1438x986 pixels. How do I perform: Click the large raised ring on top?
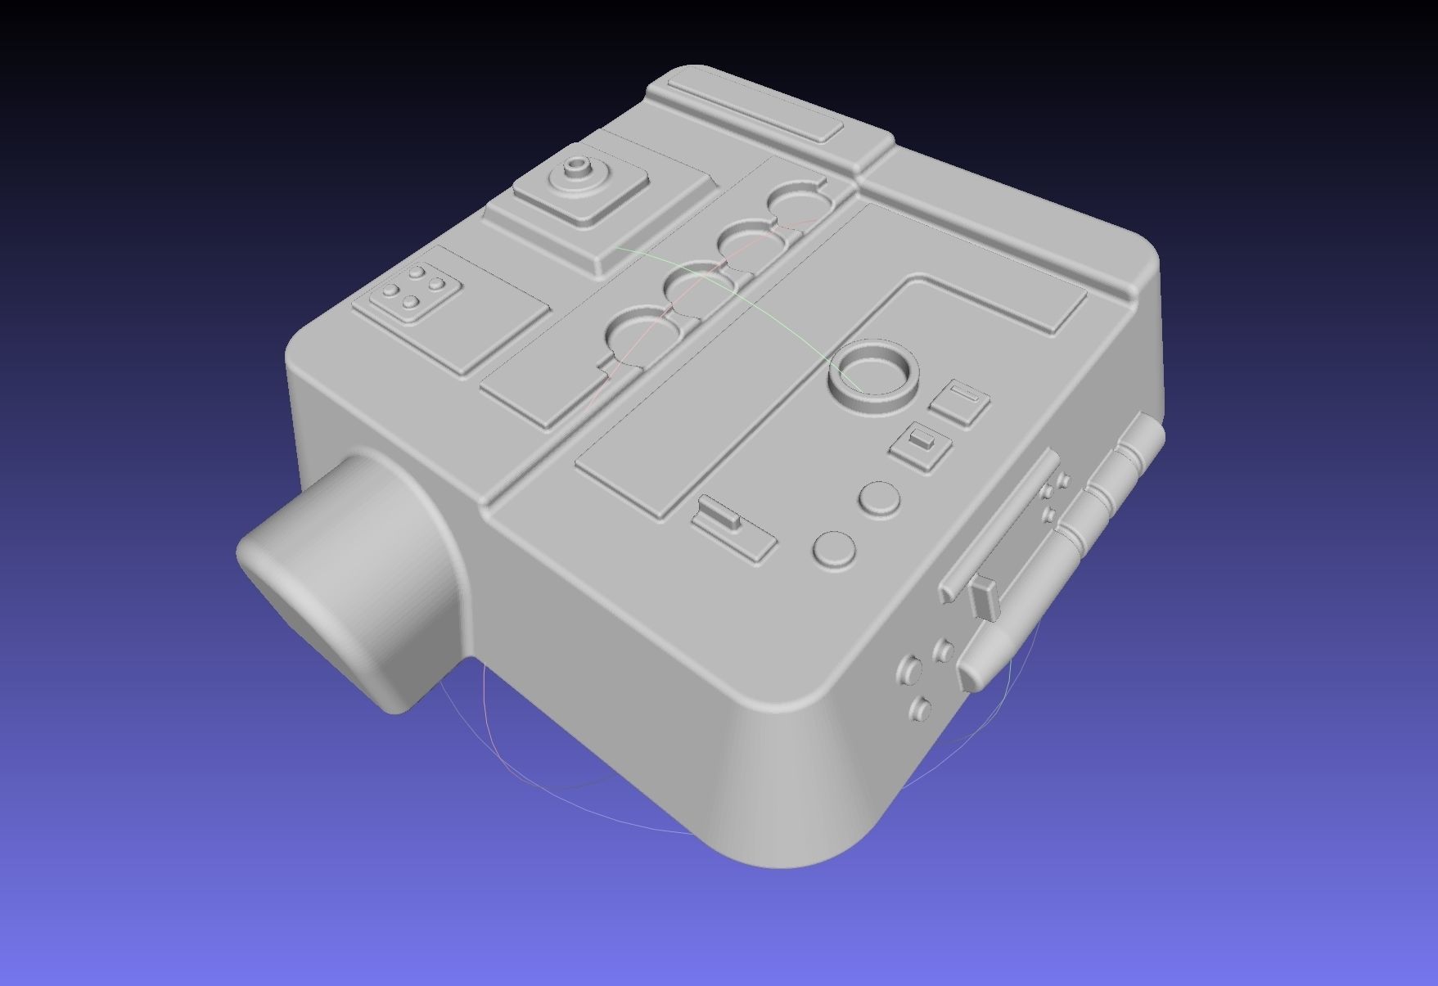pyautogui.click(x=874, y=379)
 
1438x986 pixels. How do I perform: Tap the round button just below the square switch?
pyautogui.click(x=881, y=497)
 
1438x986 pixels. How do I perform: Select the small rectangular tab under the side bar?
pyautogui.click(x=985, y=596)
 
